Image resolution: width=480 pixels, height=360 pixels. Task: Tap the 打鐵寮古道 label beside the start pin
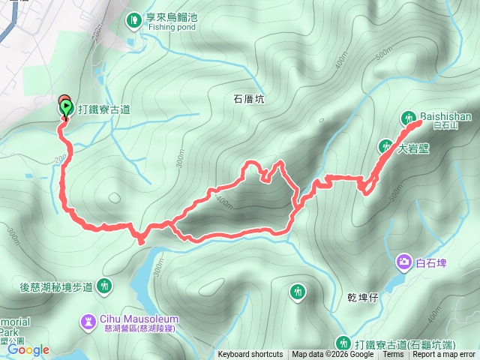point(104,109)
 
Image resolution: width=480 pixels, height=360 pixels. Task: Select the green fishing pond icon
point(133,19)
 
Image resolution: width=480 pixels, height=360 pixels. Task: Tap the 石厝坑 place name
point(249,98)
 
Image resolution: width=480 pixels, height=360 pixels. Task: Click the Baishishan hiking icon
point(409,118)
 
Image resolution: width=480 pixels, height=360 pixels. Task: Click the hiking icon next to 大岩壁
point(385,145)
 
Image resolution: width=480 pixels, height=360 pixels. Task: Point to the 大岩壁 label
point(413,148)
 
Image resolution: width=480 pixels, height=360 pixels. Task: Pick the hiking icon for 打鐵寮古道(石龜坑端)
point(343,343)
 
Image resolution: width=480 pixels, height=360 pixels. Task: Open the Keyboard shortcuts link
point(250,355)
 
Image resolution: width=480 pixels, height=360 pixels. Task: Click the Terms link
point(392,355)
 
